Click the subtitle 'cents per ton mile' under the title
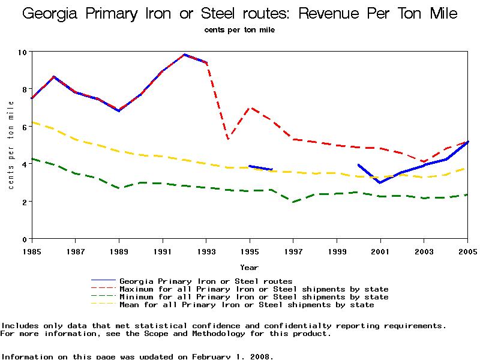(x=239, y=29)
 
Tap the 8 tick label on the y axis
(x=25, y=89)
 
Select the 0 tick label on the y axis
(x=25, y=239)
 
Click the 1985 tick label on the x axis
(x=32, y=250)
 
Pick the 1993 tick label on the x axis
(x=206, y=250)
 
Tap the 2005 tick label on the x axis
(x=467, y=250)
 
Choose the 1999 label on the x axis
(x=337, y=250)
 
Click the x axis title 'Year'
(x=250, y=267)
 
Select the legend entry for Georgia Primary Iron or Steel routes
(x=206, y=281)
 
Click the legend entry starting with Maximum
(x=254, y=289)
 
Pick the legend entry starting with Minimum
(x=254, y=296)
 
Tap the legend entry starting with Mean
(x=247, y=304)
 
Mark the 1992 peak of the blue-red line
(x=185, y=55)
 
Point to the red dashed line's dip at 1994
(x=228, y=139)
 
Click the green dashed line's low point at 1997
(x=293, y=202)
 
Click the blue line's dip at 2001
(x=380, y=182)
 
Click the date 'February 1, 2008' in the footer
(x=232, y=356)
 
